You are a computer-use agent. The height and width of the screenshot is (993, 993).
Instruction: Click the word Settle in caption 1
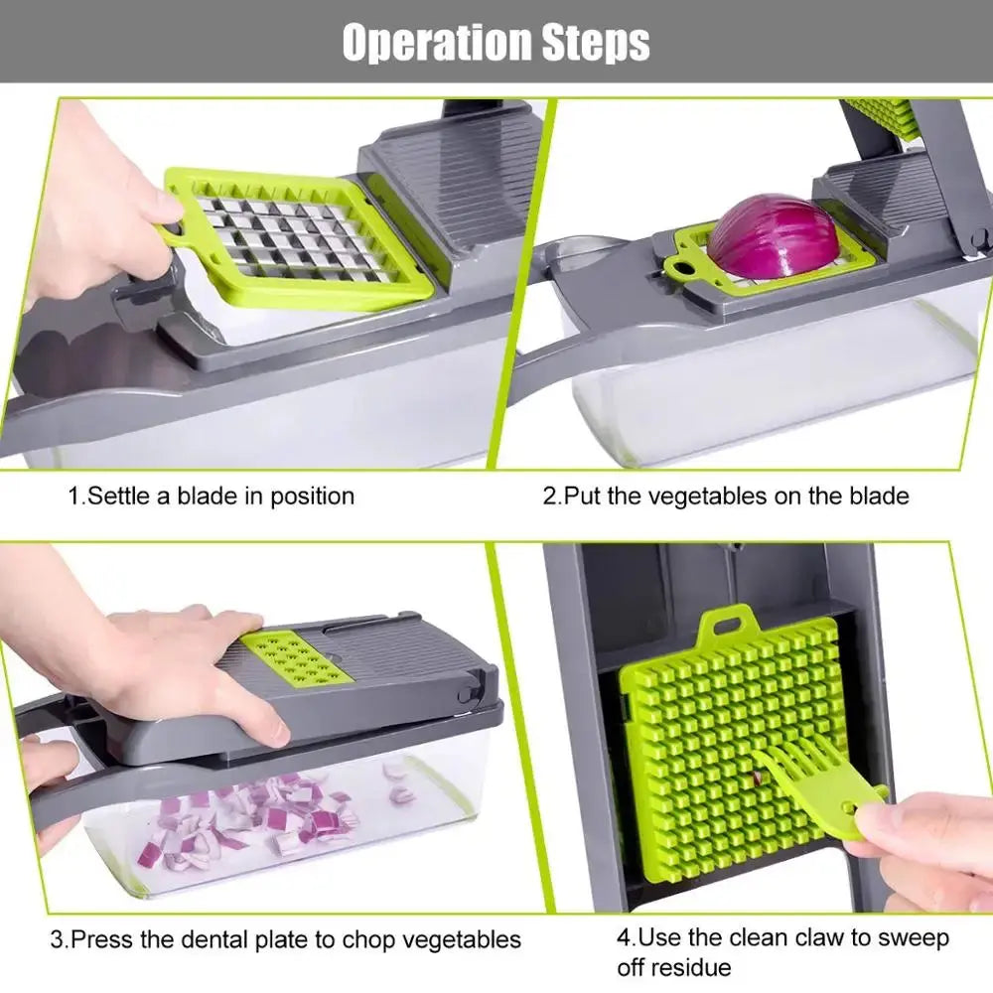coord(119,496)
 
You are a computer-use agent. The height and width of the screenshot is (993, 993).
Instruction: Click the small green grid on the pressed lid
coord(296,657)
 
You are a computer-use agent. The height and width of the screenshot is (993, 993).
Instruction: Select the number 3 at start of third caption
coord(58,938)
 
